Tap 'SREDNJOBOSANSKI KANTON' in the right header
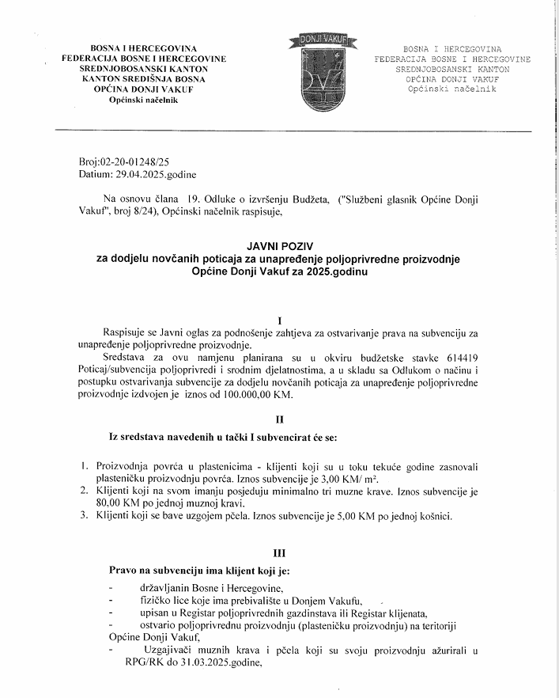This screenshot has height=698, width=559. pos(452,69)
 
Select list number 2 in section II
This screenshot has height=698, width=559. pos(85,491)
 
